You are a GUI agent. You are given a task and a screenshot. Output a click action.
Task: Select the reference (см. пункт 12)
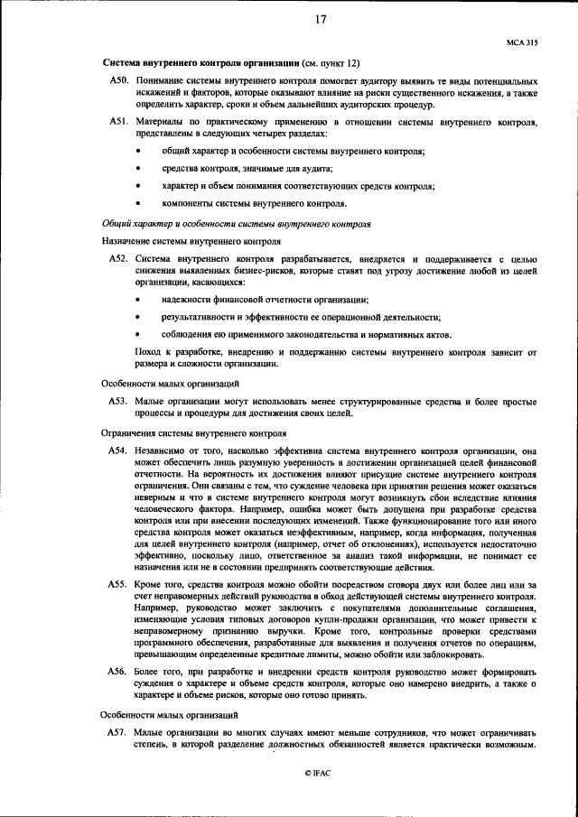pos(331,63)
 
